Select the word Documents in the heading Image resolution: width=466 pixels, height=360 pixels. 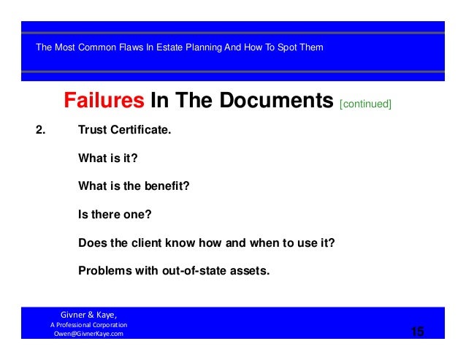click(x=270, y=101)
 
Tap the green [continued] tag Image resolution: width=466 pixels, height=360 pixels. click(x=365, y=104)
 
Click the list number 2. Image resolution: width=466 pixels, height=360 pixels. click(x=41, y=132)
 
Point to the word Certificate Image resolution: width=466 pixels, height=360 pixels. click(x=141, y=132)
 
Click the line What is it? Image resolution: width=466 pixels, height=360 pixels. click(x=108, y=158)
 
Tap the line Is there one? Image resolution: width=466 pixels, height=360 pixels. click(x=115, y=215)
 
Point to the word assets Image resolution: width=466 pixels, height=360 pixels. click(x=251, y=271)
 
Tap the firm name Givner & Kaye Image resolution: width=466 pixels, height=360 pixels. click(x=88, y=315)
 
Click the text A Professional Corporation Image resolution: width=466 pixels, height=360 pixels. click(x=88, y=324)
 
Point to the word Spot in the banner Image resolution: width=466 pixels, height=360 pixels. click(x=286, y=47)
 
